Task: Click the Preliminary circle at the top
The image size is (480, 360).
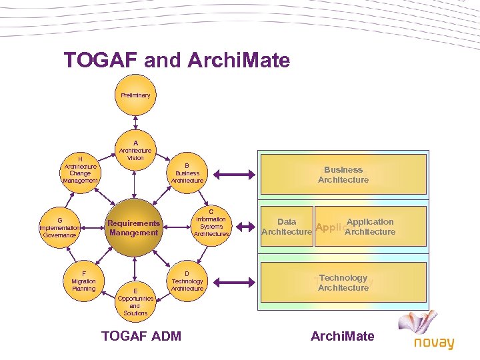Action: click(x=135, y=95)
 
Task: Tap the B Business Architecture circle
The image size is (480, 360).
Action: click(x=187, y=173)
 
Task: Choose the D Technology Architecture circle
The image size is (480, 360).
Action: click(x=187, y=281)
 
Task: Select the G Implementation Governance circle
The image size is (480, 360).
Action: click(x=60, y=227)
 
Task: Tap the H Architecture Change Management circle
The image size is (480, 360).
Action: click(x=80, y=170)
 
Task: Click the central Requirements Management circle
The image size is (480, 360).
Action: click(x=133, y=228)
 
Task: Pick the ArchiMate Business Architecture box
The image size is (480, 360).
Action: click(x=343, y=175)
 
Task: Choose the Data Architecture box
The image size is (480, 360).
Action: click(x=286, y=227)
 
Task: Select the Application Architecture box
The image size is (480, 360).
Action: click(x=370, y=227)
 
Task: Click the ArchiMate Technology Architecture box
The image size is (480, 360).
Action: click(x=343, y=283)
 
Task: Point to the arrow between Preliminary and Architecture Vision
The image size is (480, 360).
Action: click(x=135, y=123)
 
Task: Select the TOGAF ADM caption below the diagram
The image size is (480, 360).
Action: click(x=141, y=336)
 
